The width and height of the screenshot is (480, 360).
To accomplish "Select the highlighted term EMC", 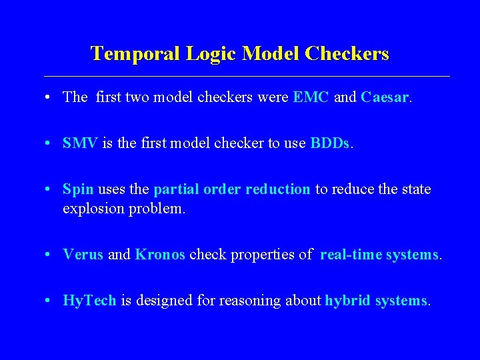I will pos(311,97).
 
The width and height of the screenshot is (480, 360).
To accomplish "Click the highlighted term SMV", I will pos(80,143).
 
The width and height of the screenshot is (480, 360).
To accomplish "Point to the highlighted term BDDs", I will pos(329,143).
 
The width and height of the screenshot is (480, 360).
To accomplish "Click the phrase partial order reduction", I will pos(232,189).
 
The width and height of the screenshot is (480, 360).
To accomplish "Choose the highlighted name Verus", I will pos(83,255).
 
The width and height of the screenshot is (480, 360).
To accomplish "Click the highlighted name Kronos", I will pos(160,255).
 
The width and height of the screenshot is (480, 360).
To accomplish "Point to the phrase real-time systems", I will pos(379,255).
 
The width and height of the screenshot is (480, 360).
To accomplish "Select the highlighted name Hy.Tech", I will pos(89,301).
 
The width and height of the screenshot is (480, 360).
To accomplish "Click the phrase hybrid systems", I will pos(376,301).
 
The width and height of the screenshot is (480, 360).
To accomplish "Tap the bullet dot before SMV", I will pos(50,143).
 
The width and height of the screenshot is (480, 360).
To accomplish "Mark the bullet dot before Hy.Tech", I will pos(50,301).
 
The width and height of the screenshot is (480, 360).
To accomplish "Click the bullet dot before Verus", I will pos(50,255).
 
